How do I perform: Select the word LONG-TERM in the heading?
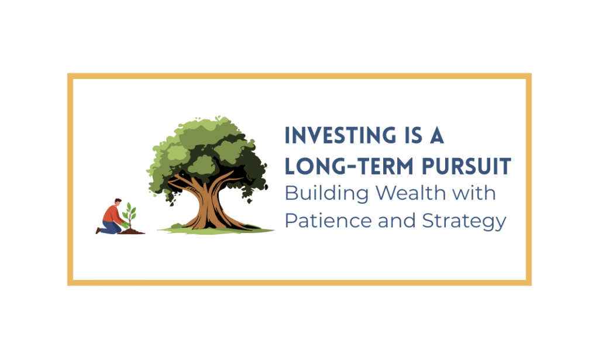(349, 166)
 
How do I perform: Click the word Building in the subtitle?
(326, 194)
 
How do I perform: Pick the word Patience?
(328, 221)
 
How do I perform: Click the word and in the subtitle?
(397, 221)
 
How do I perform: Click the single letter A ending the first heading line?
(437, 136)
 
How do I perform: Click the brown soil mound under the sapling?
(132, 231)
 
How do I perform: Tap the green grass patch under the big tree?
(216, 230)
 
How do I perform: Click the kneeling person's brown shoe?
(98, 231)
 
